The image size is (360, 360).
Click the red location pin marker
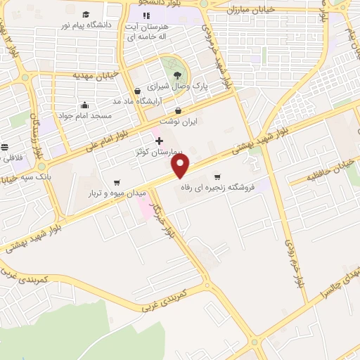(181, 166)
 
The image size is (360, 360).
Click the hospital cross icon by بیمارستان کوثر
(159, 140)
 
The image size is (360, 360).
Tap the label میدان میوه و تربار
(117, 192)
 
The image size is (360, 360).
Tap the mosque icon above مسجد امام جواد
(84, 105)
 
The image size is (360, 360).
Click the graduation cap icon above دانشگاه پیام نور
(86, 15)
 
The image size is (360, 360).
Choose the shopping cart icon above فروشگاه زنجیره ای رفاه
(217, 176)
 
